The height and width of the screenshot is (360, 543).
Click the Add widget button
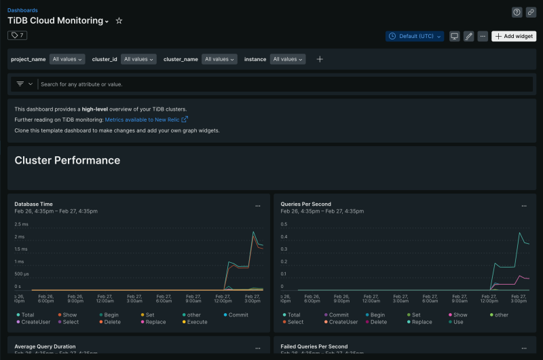click(514, 36)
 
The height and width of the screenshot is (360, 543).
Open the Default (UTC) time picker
click(415, 36)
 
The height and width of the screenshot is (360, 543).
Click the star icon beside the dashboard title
click(119, 21)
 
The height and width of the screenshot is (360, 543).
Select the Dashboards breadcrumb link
click(22, 10)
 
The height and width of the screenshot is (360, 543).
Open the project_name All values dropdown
click(67, 59)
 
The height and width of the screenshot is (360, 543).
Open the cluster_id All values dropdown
click(139, 59)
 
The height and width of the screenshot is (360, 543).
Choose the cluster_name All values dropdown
click(220, 59)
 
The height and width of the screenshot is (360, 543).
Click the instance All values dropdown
click(288, 59)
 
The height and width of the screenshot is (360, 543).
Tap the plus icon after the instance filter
click(320, 59)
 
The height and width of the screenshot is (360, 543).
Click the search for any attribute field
click(271, 84)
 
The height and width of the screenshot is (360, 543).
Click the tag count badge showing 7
click(17, 35)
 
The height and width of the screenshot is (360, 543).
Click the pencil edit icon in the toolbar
click(468, 36)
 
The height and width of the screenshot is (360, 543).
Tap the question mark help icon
click(517, 12)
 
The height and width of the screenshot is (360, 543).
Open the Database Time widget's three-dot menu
click(258, 205)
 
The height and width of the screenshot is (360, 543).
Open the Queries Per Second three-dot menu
click(524, 205)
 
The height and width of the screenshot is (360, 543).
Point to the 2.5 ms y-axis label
click(21, 224)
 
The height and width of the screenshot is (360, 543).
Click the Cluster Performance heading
click(67, 160)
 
